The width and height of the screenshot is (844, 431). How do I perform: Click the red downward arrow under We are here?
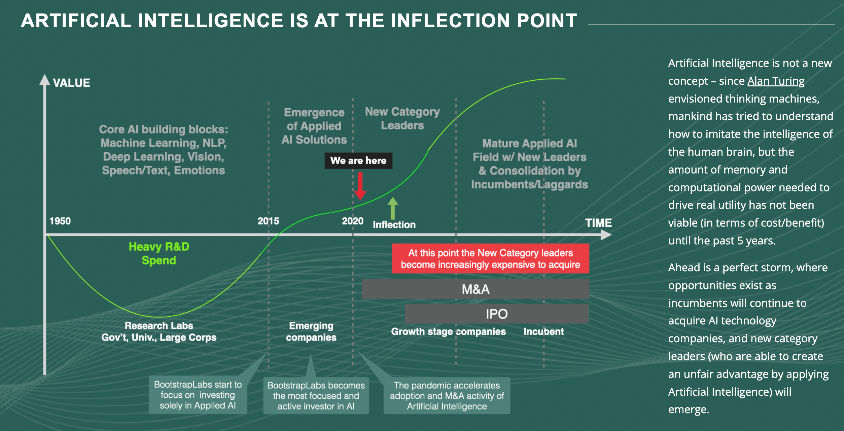point(360,186)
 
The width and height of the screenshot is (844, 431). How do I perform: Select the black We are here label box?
point(358,161)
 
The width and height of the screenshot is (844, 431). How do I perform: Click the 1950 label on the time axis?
point(60,221)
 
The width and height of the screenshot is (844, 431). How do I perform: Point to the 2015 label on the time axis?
point(268,221)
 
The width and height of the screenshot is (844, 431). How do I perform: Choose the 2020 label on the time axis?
point(352,221)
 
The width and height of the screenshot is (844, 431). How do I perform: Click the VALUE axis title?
point(71,83)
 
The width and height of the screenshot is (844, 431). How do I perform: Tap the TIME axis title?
point(598,223)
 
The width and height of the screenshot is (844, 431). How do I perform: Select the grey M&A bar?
point(475,289)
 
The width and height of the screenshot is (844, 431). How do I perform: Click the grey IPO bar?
point(496,314)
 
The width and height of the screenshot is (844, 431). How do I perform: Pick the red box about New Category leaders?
point(490,259)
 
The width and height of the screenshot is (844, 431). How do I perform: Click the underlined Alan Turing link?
point(776,81)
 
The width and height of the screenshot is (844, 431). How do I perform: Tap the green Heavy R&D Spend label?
point(159,253)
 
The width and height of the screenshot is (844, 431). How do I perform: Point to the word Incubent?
point(543,331)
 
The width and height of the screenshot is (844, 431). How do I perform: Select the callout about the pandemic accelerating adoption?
point(447,396)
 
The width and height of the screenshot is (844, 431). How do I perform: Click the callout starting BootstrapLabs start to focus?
point(198,395)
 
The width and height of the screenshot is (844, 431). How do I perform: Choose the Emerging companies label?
point(311,331)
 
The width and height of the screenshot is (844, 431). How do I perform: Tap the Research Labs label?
point(159,325)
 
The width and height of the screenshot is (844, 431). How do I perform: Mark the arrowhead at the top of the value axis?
point(45,79)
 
